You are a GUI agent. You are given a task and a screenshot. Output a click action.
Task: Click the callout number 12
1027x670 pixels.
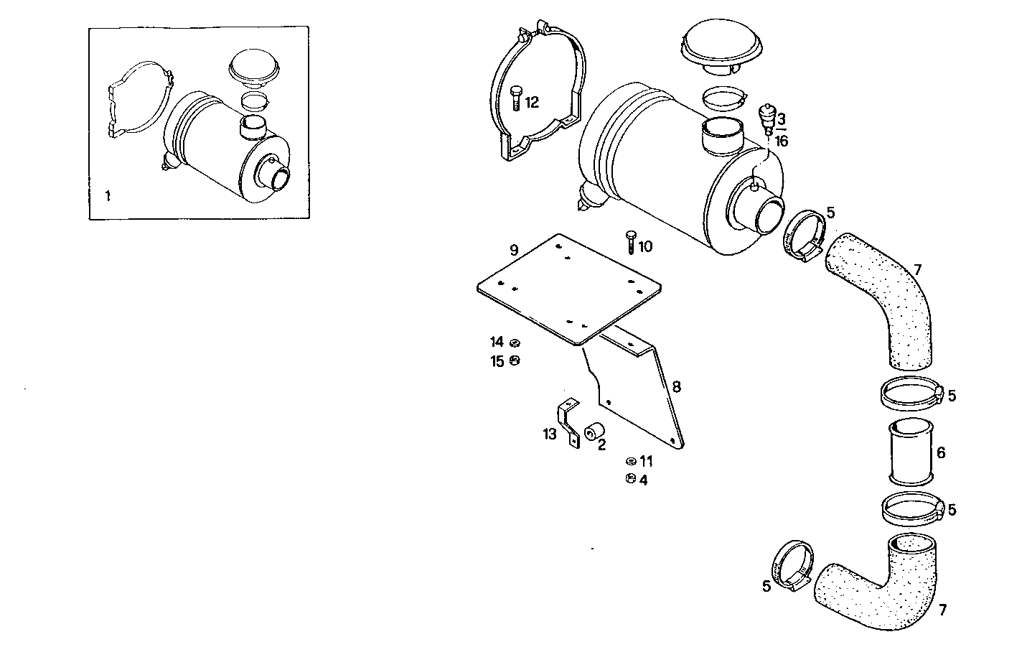(532, 103)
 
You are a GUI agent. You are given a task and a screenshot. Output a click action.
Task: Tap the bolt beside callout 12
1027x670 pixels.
(516, 98)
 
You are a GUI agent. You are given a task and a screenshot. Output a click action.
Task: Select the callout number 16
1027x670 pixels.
(782, 141)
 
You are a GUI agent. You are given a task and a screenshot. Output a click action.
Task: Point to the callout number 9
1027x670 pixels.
(514, 250)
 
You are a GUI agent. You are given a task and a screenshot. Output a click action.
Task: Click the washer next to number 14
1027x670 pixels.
(515, 343)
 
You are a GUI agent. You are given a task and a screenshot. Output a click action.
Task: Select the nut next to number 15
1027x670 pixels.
(515, 360)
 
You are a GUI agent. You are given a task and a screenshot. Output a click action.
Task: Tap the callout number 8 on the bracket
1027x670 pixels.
(676, 387)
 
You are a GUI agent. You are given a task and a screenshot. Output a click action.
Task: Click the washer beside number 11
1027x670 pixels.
(630, 461)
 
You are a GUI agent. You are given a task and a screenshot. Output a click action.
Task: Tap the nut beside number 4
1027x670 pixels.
(630, 479)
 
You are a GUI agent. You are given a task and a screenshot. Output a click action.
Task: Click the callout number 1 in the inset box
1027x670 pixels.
(108, 195)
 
